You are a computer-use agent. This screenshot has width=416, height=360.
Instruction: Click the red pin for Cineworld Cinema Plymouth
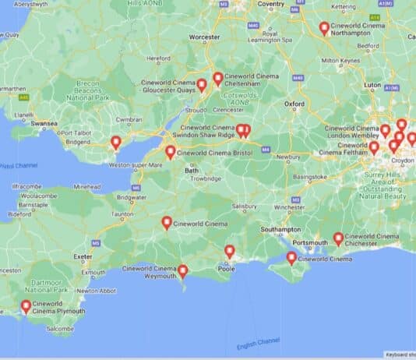point(26,306)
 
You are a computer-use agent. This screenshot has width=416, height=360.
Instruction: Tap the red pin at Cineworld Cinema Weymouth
point(183,271)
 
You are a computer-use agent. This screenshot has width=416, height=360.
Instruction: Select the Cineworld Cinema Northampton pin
point(324,28)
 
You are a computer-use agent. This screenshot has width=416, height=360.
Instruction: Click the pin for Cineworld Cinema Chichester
point(338,238)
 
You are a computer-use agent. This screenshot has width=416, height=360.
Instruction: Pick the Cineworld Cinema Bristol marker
point(171,152)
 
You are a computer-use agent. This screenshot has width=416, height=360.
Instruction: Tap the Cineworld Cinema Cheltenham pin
point(218,78)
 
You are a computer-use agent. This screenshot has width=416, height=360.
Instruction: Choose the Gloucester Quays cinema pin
point(202,84)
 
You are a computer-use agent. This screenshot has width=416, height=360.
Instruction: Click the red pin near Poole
point(230,252)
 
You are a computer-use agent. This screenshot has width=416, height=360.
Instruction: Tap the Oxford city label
point(294,103)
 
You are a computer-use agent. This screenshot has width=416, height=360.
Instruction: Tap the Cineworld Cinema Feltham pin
point(374,146)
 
